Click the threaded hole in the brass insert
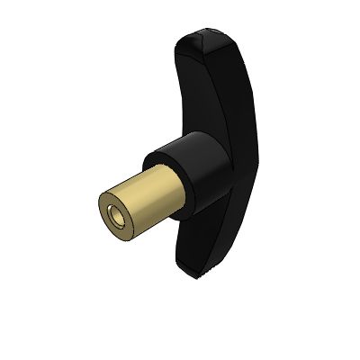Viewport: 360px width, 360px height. tap(114, 217)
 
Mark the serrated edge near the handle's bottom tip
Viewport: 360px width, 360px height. tap(210, 269)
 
